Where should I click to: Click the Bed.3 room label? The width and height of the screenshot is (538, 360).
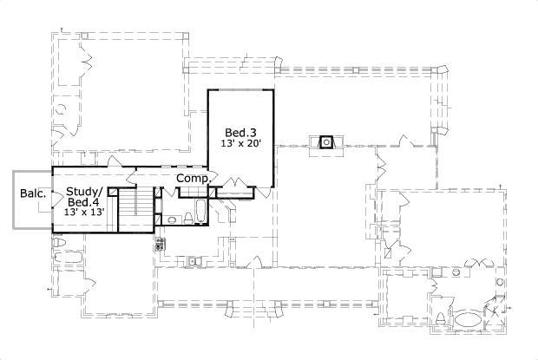[x=239, y=132]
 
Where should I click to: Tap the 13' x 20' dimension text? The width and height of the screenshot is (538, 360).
[x=239, y=144]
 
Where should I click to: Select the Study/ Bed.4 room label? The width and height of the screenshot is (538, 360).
[x=84, y=197]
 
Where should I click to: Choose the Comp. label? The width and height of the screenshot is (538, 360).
[x=194, y=178]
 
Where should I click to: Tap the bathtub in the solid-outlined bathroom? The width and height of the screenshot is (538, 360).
[x=199, y=211]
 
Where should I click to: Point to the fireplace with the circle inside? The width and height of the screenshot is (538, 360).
[x=327, y=141]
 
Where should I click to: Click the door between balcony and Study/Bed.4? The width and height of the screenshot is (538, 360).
[x=54, y=198]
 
